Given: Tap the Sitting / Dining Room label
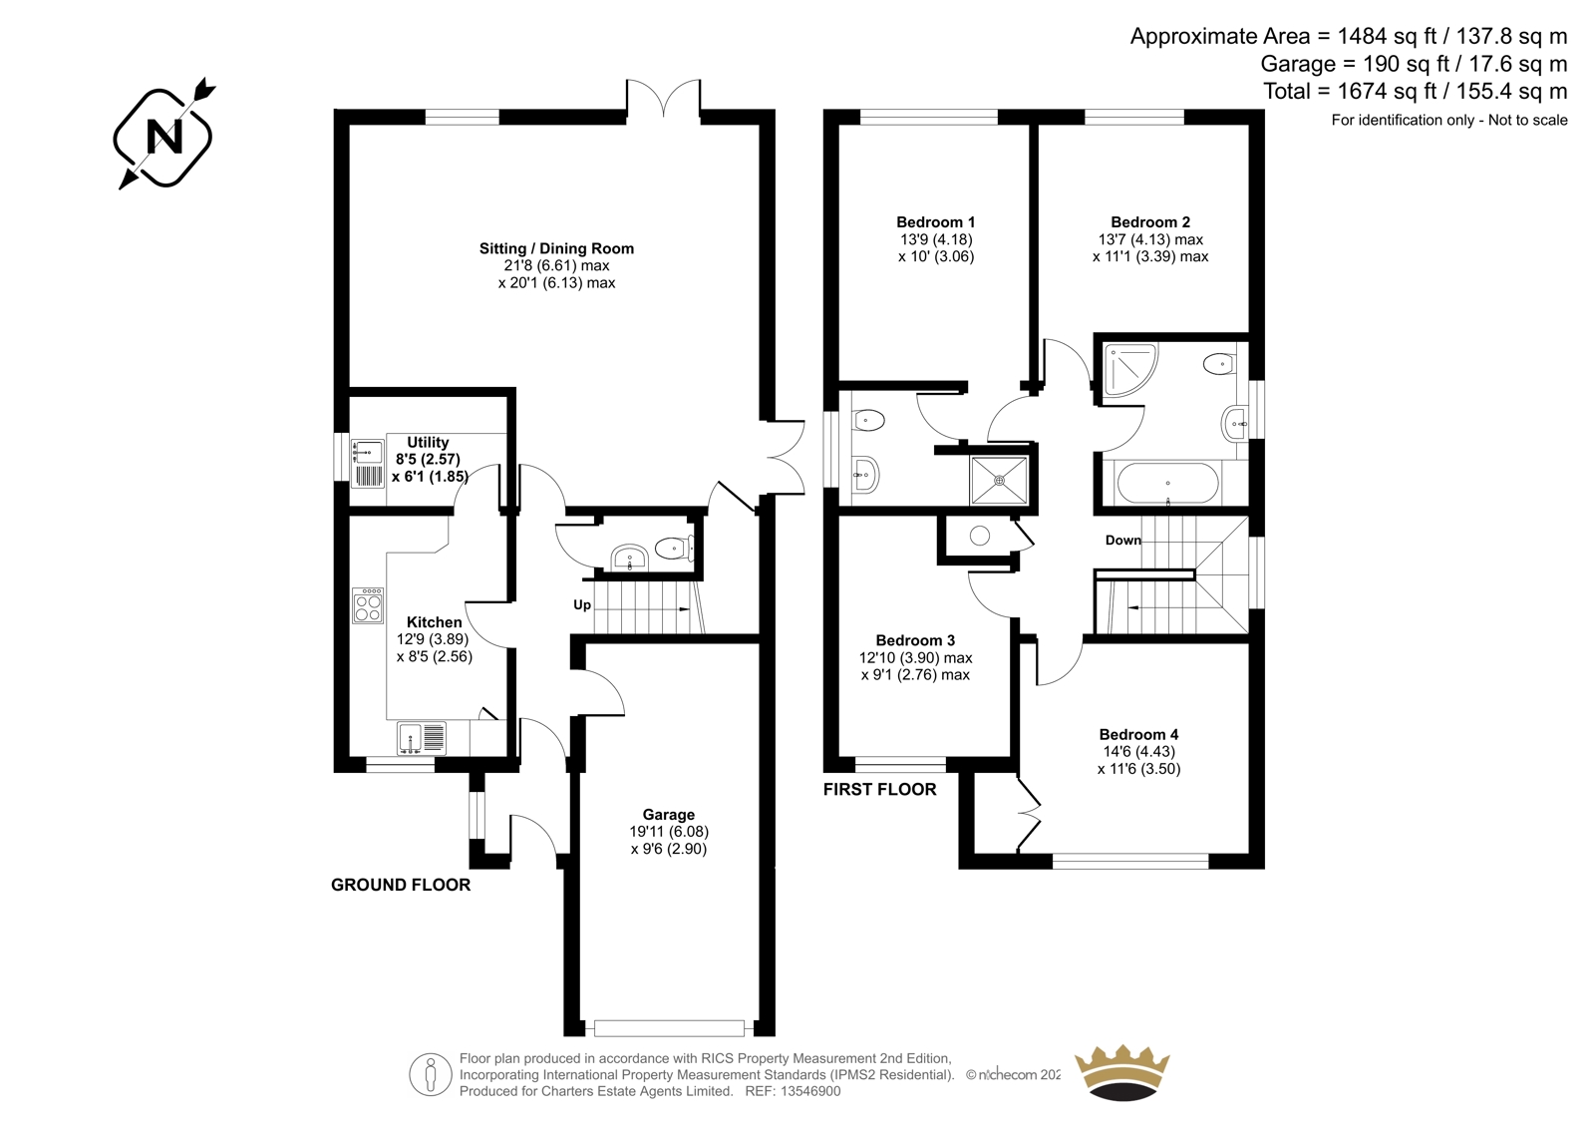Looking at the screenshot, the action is tap(556, 248).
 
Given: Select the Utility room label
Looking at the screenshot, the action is tap(428, 442).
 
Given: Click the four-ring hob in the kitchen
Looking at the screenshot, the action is tap(368, 605).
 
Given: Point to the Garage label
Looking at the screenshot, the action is tap(668, 815).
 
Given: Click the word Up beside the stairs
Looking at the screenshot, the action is tap(582, 605).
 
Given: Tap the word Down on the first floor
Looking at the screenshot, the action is tap(1122, 541).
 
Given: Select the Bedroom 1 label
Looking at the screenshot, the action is tap(936, 222).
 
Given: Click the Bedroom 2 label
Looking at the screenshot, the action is tap(1150, 222).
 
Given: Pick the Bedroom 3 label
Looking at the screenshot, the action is tap(915, 640).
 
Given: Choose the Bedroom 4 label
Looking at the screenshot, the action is tap(1138, 735).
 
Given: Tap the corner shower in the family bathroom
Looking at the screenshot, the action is tap(1130, 370).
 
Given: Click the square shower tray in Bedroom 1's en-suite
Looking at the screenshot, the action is tap(1000, 481).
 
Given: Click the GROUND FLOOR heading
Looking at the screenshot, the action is tap(401, 885).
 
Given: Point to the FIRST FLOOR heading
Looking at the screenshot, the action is tap(880, 790).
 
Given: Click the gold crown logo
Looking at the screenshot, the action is tap(1122, 1072).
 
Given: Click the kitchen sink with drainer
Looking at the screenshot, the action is tap(422, 738).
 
